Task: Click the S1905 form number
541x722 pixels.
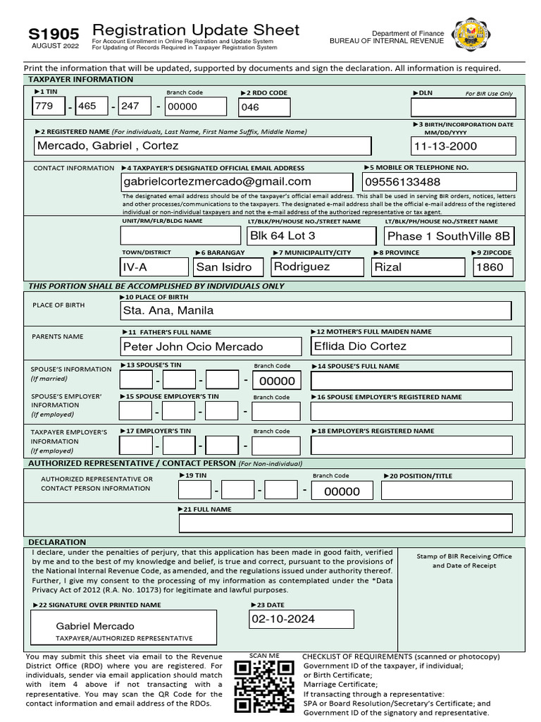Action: (x=54, y=33)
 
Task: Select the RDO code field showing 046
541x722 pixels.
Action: (x=264, y=107)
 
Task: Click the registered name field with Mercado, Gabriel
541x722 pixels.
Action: (x=203, y=146)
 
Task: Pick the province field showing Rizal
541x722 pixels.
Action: (x=418, y=267)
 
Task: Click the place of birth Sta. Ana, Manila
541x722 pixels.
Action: (x=316, y=310)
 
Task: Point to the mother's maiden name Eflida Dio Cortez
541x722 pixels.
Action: (x=411, y=346)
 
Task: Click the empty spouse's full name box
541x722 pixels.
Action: (x=411, y=381)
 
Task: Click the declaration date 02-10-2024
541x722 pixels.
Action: (x=301, y=619)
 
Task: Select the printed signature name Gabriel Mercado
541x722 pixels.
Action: (x=95, y=626)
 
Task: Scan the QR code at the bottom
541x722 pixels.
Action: (x=263, y=687)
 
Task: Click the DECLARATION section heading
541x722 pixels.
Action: (x=58, y=542)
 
